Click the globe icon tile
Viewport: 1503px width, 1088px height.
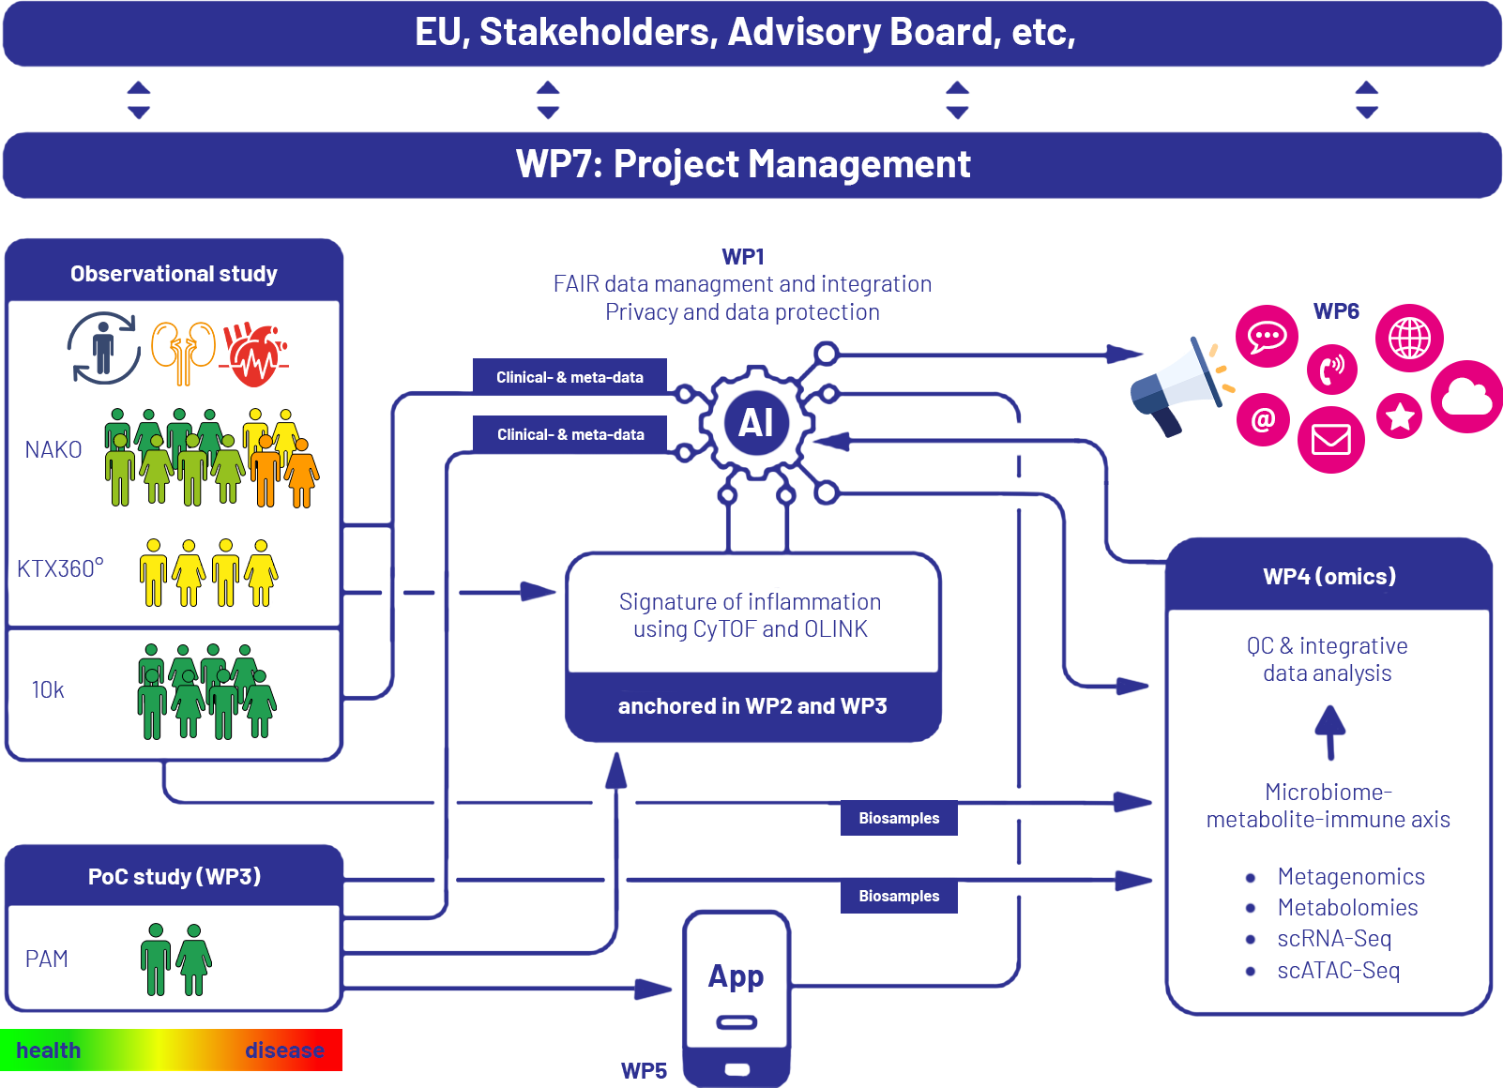[1409, 338]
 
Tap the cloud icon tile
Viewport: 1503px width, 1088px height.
[1466, 396]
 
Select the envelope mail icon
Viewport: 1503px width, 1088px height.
[1330, 439]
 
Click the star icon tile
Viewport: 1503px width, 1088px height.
[1399, 416]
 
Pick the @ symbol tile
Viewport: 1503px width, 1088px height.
[1263, 419]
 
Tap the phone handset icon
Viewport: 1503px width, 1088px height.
[1332, 370]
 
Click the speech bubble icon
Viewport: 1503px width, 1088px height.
[1267, 336]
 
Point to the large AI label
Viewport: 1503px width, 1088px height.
[755, 423]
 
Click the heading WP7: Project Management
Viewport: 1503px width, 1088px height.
[743, 164]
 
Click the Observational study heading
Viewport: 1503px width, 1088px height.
[174, 274]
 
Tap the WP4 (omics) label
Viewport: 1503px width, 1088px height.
[1329, 577]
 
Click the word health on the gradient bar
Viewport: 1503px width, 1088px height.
[48, 1050]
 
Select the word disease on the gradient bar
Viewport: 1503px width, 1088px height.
[284, 1050]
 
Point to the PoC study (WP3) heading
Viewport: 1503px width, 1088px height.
[175, 877]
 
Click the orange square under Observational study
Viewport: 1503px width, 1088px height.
[179, 354]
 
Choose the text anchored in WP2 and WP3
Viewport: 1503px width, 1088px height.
[752, 706]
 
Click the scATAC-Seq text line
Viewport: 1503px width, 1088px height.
[1339, 971]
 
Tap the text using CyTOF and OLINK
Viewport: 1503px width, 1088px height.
[751, 629]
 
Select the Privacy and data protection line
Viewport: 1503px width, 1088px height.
[742, 312]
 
